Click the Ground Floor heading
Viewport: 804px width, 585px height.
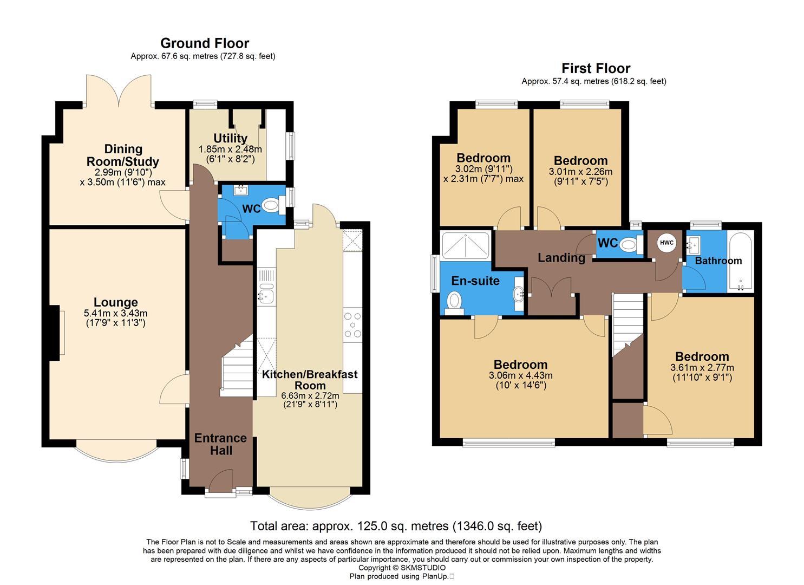coord(205,43)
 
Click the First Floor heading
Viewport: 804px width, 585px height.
coord(596,68)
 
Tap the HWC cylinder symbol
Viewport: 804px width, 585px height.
coord(666,243)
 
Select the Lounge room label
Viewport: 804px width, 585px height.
coord(116,302)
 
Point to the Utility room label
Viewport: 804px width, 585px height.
coord(230,138)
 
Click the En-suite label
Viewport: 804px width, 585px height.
coord(475,281)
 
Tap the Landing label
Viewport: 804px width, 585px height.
coord(561,258)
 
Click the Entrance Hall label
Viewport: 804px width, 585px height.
coord(220,444)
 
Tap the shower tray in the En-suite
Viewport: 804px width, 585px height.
coord(466,245)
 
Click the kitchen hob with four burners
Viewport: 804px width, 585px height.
coord(352,325)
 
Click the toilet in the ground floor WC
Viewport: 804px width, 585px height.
coord(270,205)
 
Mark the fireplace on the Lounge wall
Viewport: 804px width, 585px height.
coord(55,332)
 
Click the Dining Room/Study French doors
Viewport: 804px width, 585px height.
coord(119,92)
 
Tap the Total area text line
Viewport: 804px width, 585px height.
coord(396,525)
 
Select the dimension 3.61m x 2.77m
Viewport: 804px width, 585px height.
coord(702,368)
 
